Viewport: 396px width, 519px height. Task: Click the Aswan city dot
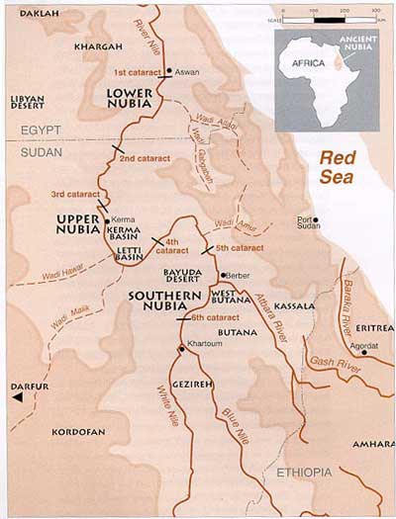click(x=169, y=71)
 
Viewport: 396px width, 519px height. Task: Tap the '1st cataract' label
click(x=138, y=72)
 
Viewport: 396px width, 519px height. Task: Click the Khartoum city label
click(x=202, y=359)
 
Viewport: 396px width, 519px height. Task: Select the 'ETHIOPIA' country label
click(x=304, y=473)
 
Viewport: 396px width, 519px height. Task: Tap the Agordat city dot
click(x=364, y=352)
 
